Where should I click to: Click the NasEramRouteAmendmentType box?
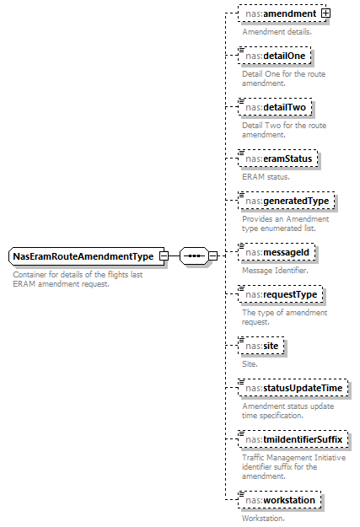coord(83,255)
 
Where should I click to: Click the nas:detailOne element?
coord(275,56)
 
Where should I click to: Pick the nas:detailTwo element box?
coord(276,108)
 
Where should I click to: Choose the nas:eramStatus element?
coord(278,159)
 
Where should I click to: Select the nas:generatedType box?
coord(287,201)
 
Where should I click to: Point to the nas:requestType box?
coord(280,294)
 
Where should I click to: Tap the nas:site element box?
coord(261,346)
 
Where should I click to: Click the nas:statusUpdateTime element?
coord(293,388)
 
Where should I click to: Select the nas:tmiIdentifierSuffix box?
coord(293,439)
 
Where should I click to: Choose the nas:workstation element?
coord(280,500)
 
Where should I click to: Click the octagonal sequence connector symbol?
coord(194,255)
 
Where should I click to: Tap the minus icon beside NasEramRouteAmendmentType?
coord(164,255)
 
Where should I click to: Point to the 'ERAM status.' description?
coord(265,176)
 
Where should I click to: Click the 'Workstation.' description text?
coord(263,518)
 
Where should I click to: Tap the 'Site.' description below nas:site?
coord(250,363)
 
